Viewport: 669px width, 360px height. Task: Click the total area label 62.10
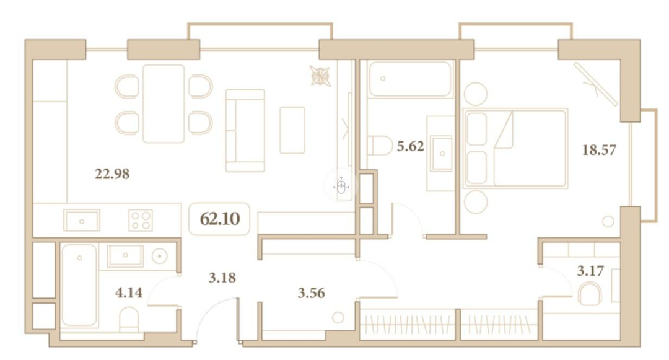click(x=220, y=219)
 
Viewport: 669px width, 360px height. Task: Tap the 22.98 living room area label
click(x=112, y=173)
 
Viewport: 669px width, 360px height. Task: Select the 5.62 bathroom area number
click(x=411, y=146)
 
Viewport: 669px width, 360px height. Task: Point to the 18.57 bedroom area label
click(x=600, y=150)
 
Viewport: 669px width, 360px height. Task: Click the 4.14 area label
click(x=129, y=292)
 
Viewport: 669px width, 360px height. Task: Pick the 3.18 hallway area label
click(x=222, y=278)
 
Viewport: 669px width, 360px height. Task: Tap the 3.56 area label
click(x=312, y=293)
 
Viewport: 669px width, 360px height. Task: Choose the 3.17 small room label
click(x=590, y=270)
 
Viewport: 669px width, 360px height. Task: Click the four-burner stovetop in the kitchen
click(x=141, y=220)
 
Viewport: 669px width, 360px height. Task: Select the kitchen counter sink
click(x=82, y=221)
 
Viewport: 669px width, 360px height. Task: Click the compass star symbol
click(x=320, y=76)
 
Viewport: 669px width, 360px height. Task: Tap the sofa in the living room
click(x=245, y=131)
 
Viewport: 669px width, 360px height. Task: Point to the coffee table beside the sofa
click(x=292, y=130)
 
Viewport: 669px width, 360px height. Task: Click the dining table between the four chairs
click(x=164, y=103)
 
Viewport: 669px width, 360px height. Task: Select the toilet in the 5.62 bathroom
click(x=380, y=146)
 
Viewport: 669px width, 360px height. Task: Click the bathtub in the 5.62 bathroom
click(x=411, y=79)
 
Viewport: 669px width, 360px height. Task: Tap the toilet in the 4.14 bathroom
click(x=129, y=320)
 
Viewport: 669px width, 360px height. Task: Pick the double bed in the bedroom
click(x=515, y=148)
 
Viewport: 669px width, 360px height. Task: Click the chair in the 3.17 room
click(x=590, y=295)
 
